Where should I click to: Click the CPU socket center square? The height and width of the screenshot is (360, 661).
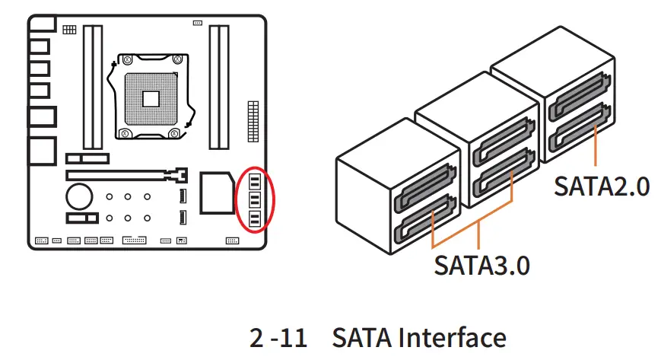pos(149,97)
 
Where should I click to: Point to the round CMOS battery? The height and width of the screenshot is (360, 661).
pos(78,196)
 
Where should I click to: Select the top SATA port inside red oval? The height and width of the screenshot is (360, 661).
pos(255,182)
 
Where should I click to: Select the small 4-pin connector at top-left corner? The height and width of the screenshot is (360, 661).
pos(69,30)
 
